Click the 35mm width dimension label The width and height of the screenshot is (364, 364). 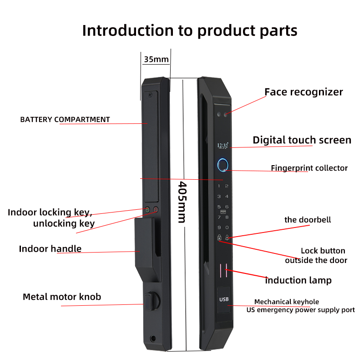click(x=156, y=59)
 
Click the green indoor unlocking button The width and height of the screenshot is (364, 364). click(x=147, y=210)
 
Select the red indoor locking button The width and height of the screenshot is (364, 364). click(x=156, y=210)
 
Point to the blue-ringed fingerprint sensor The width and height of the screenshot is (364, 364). click(x=223, y=165)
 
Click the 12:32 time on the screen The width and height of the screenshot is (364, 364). click(x=223, y=146)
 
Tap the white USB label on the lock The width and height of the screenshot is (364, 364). click(x=224, y=299)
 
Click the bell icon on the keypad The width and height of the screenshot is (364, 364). click(x=227, y=237)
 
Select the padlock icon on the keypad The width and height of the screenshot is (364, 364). click(x=219, y=237)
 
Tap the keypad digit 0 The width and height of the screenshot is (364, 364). click(x=227, y=227)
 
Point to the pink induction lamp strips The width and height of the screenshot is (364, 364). click(x=224, y=270)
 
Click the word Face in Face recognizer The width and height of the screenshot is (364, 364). click(x=275, y=92)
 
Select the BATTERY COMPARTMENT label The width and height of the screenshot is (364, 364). click(x=65, y=120)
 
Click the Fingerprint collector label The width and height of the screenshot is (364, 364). click(x=309, y=168)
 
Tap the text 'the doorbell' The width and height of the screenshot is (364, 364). click(x=308, y=220)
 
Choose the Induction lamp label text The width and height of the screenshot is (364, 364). click(x=298, y=280)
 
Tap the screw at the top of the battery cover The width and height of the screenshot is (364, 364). click(x=150, y=94)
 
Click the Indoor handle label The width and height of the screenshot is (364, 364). click(x=50, y=249)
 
